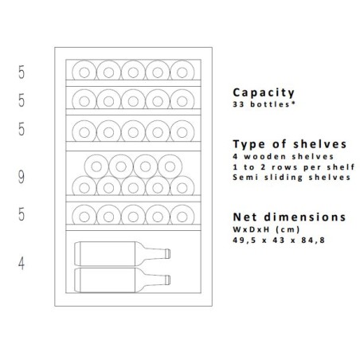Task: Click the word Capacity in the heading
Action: tap(264, 93)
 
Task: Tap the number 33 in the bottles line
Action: tap(238, 104)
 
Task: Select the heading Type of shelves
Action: tap(290, 144)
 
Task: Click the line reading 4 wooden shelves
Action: tap(283, 157)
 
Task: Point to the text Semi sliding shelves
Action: tap(292, 178)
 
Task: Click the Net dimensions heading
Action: tap(289, 217)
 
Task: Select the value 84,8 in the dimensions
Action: tap(313, 241)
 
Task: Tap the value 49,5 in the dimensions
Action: tap(245, 241)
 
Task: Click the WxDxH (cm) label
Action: tap(266, 229)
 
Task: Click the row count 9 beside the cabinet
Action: tap(22, 177)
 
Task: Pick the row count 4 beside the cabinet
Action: tap(22, 264)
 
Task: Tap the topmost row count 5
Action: tap(22, 72)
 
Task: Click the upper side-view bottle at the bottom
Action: tap(123, 253)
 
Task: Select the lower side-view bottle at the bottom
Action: tap(123, 280)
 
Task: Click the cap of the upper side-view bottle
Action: tap(168, 253)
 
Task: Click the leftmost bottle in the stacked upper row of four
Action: tap(96, 166)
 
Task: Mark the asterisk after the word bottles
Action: tap(293, 104)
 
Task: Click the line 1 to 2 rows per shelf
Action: tap(294, 167)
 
